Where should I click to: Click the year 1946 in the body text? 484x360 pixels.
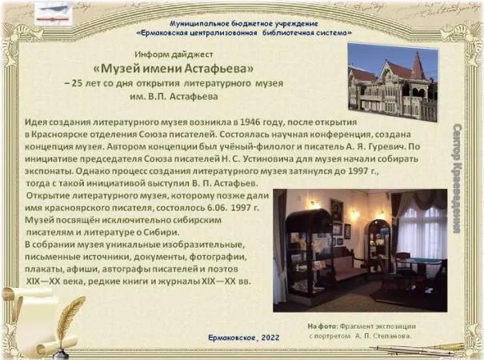(250, 122)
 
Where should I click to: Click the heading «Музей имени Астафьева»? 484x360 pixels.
(173, 68)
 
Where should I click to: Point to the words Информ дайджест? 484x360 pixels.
(174, 54)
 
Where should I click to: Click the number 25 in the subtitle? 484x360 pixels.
(77, 83)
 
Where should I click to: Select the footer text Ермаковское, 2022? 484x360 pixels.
(244, 338)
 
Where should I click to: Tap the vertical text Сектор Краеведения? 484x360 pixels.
(457, 178)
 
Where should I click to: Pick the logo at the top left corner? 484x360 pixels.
(54, 14)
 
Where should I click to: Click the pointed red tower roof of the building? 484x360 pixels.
(418, 65)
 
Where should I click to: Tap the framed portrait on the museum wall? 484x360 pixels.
(337, 210)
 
